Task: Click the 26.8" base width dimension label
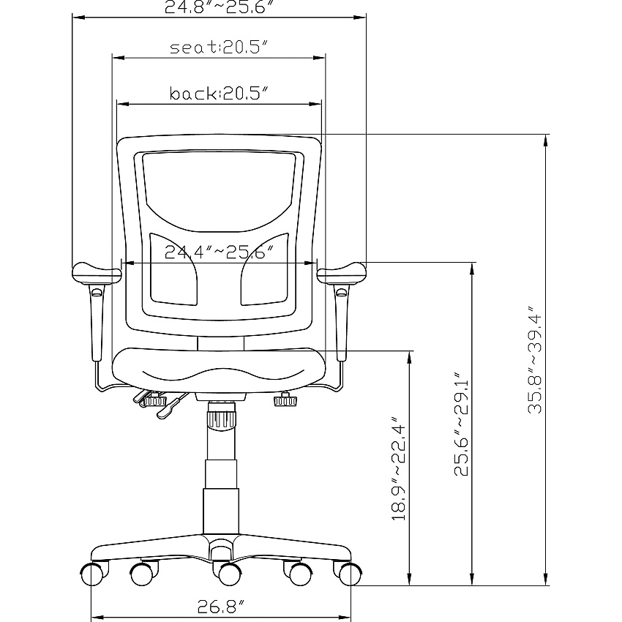pyautogui.click(x=220, y=606)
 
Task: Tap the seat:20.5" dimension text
pyautogui.click(x=220, y=48)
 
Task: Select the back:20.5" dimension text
pyautogui.click(x=220, y=94)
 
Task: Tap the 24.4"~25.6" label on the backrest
pyautogui.click(x=220, y=252)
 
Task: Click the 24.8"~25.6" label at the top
pyautogui.click(x=220, y=7)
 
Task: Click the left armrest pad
pyautogui.click(x=97, y=274)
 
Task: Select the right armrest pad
pyautogui.click(x=342, y=274)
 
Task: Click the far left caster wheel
pyautogui.click(x=93, y=574)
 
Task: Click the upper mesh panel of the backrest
pyautogui.click(x=220, y=191)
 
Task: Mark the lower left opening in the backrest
pyautogui.click(x=173, y=270)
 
